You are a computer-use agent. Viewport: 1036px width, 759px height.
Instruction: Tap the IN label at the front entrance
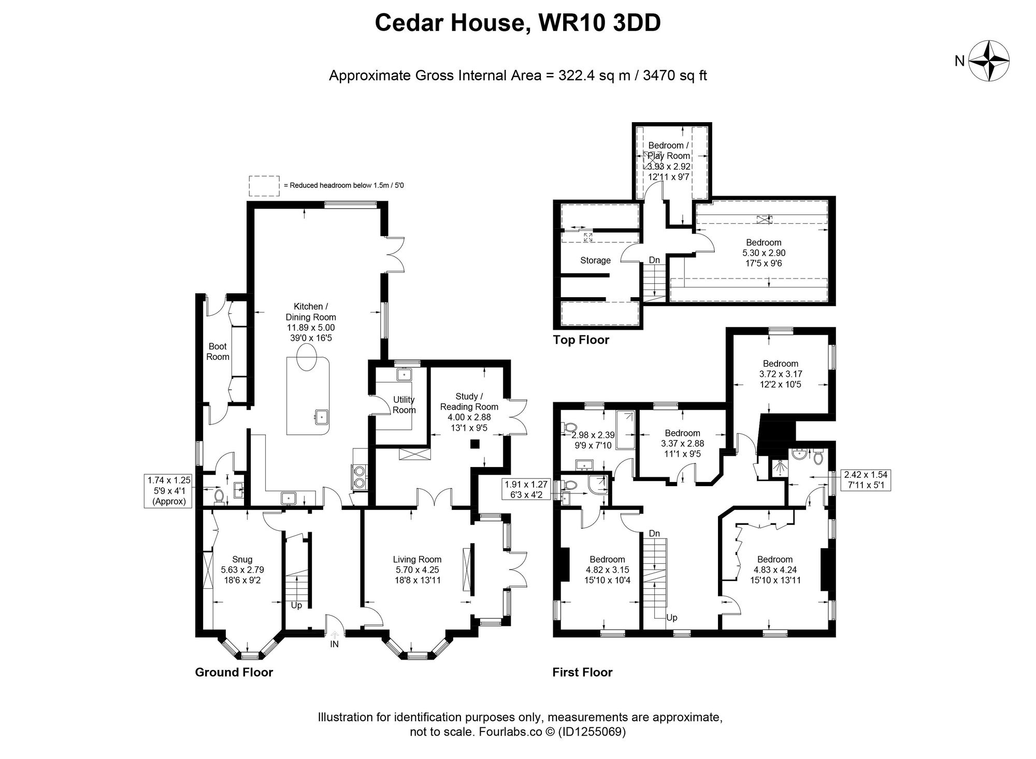pos(335,645)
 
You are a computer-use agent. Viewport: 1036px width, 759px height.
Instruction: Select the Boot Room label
pos(218,352)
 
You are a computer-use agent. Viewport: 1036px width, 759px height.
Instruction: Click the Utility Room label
pos(404,405)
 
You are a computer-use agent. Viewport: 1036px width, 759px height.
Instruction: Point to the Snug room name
pos(242,559)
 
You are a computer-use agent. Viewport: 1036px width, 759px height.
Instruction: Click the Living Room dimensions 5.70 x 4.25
pos(417,570)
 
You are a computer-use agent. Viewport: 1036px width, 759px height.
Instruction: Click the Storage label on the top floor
pos(595,260)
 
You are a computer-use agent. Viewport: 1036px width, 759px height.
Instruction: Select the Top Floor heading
pos(581,340)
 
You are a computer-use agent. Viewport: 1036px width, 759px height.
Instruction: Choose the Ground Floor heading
pos(234,673)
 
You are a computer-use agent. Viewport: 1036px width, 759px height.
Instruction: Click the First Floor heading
pos(582,673)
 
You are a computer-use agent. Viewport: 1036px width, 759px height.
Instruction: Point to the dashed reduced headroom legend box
pos(264,185)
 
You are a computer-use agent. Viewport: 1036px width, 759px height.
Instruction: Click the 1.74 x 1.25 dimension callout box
pos(169,491)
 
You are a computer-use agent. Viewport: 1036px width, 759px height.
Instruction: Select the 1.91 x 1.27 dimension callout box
pos(526,490)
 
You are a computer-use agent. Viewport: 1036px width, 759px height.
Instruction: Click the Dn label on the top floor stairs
pos(654,260)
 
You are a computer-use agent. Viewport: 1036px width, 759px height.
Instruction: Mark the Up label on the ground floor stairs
pos(296,605)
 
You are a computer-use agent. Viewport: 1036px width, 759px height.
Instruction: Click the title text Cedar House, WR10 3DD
pos(517,23)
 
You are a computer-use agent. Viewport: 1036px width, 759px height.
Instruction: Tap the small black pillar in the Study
pos(474,444)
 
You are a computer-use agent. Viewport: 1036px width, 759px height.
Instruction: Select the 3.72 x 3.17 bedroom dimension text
pos(781,374)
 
